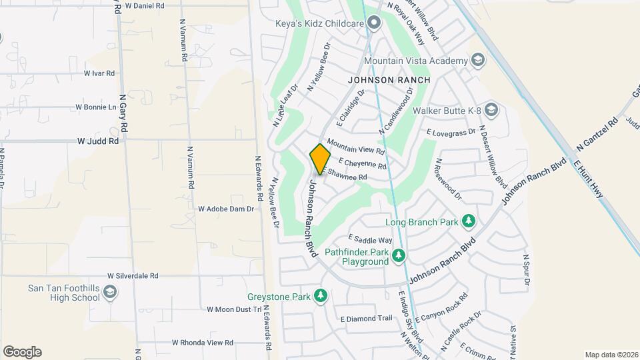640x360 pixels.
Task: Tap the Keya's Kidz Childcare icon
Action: pos(374,24)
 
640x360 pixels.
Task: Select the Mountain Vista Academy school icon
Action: pos(478,61)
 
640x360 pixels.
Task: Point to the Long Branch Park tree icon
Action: pos(469,221)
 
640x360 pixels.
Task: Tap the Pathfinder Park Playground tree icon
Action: pos(399,255)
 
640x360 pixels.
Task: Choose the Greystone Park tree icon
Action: pos(321,295)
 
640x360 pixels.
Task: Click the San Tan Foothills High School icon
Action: pos(110,292)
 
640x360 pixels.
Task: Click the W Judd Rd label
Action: pos(97,141)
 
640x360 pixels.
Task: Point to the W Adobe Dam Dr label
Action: pos(226,209)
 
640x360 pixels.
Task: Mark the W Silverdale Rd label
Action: pos(133,275)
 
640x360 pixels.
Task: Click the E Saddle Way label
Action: pos(371,240)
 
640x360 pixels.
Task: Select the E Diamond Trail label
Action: pos(366,319)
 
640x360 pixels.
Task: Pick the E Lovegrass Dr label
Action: pos(451,132)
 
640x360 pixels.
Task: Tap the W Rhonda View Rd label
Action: pos(202,343)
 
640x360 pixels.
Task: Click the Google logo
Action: pos(22,352)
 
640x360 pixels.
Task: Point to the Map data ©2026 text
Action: pos(611,355)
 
